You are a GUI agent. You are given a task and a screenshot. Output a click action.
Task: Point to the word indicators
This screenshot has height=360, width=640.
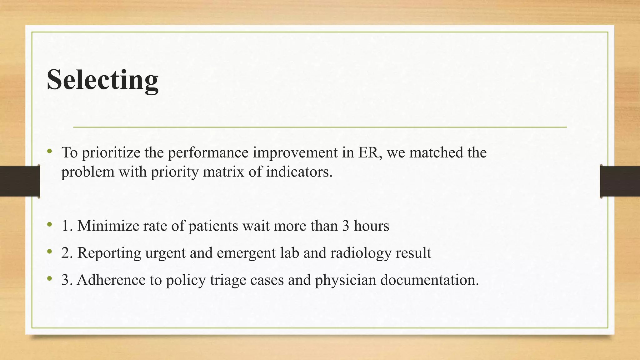299,172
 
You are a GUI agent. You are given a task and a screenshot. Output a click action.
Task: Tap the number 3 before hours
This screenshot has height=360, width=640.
345,226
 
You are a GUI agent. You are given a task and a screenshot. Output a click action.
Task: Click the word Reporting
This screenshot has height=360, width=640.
109,253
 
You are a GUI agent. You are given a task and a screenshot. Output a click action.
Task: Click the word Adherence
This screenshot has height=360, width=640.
111,280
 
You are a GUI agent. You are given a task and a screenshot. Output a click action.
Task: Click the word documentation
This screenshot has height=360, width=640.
429,280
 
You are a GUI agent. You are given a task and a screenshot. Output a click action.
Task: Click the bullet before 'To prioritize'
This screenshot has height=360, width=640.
49,152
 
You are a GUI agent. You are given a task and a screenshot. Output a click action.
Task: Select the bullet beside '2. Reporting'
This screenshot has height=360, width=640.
49,252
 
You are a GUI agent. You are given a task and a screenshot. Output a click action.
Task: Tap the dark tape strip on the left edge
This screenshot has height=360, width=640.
20,181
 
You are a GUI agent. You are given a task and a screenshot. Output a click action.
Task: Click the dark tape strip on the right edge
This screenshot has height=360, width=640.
620,181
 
